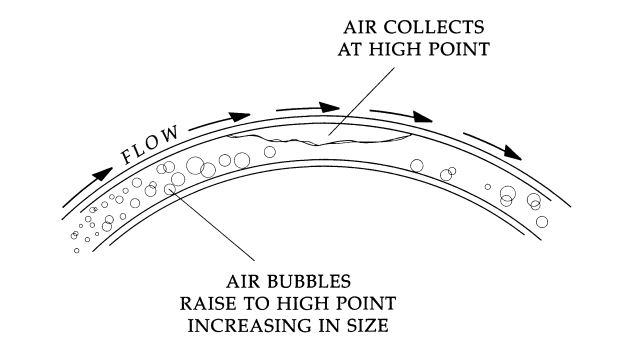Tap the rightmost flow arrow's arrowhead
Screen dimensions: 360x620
click(514, 155)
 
